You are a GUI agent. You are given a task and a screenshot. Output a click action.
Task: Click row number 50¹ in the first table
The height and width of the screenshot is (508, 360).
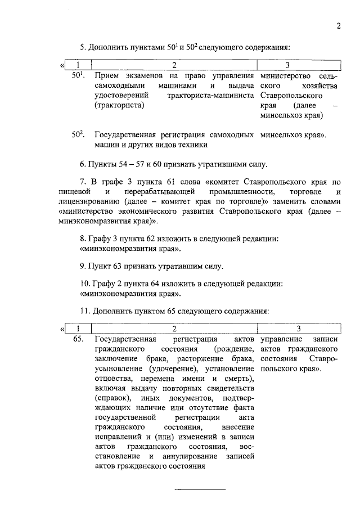(x=78, y=75)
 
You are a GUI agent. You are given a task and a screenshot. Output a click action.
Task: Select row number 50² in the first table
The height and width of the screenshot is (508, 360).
(x=78, y=134)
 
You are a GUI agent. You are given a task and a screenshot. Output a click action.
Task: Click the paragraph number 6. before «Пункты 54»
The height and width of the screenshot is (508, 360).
(x=83, y=165)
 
